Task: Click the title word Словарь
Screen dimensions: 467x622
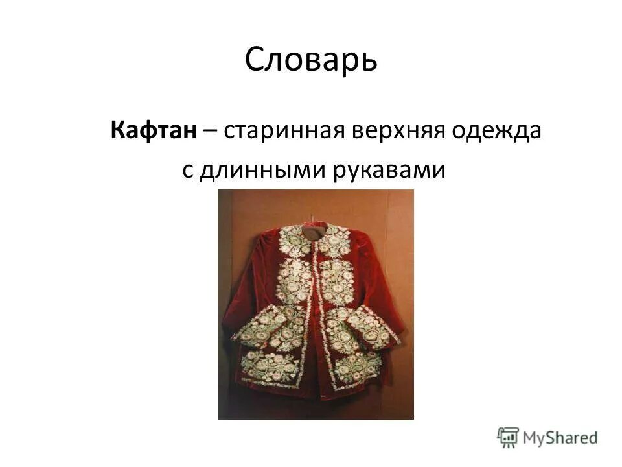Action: point(311,60)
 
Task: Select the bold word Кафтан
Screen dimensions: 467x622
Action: point(154,131)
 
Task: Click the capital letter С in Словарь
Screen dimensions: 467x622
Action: point(255,60)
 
